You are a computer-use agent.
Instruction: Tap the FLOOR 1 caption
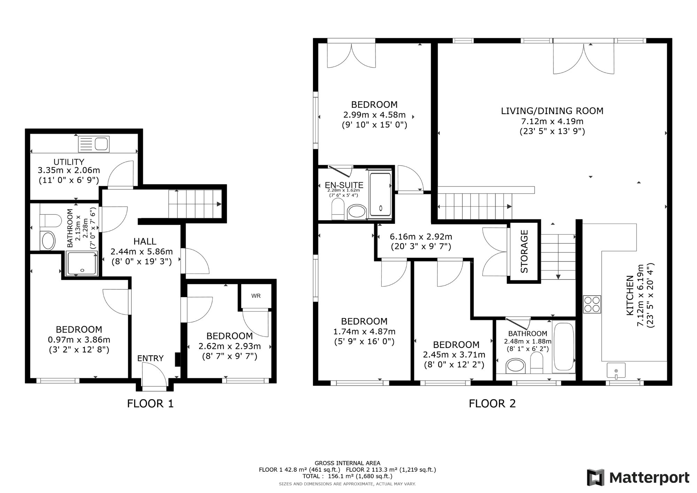click(150, 404)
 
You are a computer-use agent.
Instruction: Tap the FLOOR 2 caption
click(492, 404)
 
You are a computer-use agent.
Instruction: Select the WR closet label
click(256, 296)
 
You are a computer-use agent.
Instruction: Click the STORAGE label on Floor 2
click(524, 251)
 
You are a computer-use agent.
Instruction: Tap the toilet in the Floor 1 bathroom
click(50, 221)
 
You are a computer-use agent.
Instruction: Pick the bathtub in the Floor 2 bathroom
click(564, 351)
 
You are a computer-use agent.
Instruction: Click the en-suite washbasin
click(357, 211)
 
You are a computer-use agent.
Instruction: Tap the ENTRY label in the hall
click(150, 358)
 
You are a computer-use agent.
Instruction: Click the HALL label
click(145, 241)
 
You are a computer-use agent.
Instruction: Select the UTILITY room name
click(69, 162)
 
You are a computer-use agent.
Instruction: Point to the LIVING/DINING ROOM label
click(552, 111)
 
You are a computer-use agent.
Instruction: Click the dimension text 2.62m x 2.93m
click(230, 346)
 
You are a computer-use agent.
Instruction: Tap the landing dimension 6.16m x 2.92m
click(421, 237)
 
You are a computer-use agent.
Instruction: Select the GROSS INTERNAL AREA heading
click(347, 463)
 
